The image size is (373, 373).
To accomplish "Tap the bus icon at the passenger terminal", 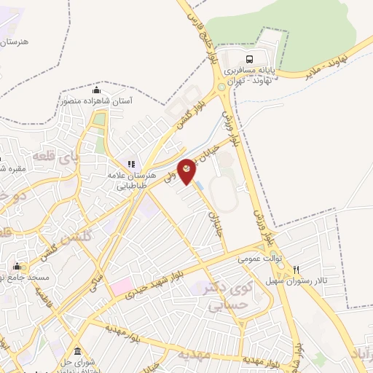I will pos(250,59).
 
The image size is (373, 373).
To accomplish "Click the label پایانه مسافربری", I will pos(253,71).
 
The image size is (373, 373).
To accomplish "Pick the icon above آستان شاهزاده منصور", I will pos(96,90).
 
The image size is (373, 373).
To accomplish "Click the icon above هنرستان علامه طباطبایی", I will pos(131,165).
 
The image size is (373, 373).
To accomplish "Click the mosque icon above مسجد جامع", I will pos(17,266).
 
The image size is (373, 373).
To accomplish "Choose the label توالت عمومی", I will pos(259,259).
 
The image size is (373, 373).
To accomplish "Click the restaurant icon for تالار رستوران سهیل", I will pos(296,270).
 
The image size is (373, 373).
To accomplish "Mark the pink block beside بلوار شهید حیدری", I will pos(122,287).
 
